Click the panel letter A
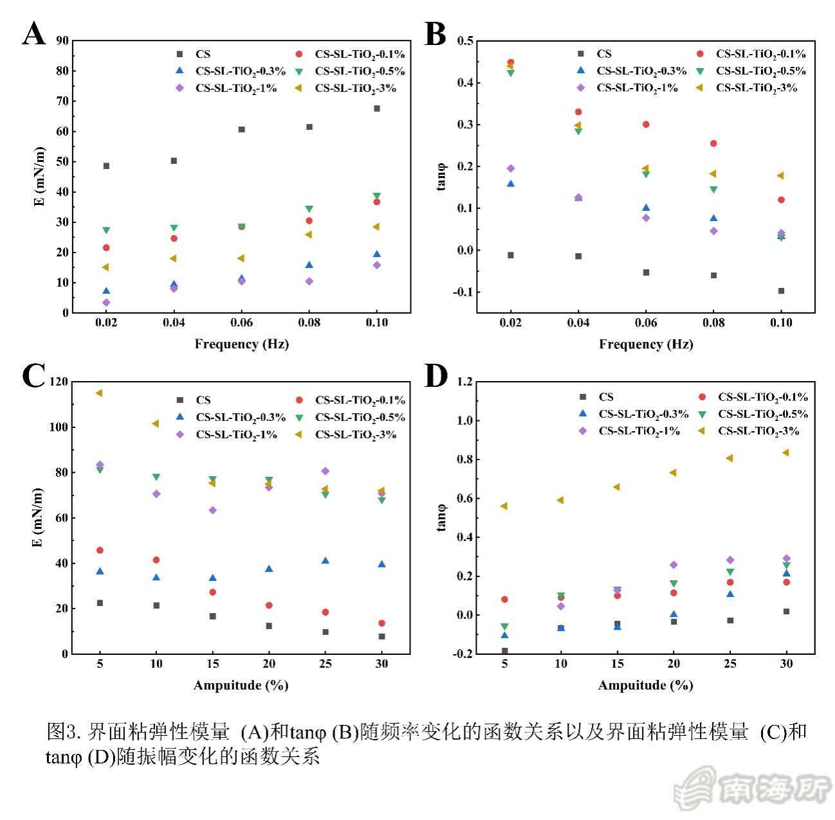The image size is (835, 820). [x=34, y=33]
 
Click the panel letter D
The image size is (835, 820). [x=436, y=375]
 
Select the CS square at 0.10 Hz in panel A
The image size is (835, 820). [x=377, y=109]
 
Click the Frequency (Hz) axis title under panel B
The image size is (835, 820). [x=646, y=344]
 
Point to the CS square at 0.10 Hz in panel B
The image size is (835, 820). [x=781, y=291]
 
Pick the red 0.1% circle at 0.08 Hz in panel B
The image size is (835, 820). [x=713, y=143]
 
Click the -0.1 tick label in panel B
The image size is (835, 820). [x=463, y=292]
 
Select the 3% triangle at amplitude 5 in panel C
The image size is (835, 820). [x=99, y=393]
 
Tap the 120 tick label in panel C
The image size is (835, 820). [x=59, y=382]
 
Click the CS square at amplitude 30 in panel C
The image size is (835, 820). [x=381, y=636]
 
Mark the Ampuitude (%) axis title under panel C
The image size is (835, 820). [x=241, y=686]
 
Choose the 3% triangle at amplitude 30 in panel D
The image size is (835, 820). [x=785, y=452]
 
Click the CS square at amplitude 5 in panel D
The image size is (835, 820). [x=504, y=650]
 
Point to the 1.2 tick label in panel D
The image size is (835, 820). [x=464, y=382]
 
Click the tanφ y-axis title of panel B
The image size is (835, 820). [x=442, y=177]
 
